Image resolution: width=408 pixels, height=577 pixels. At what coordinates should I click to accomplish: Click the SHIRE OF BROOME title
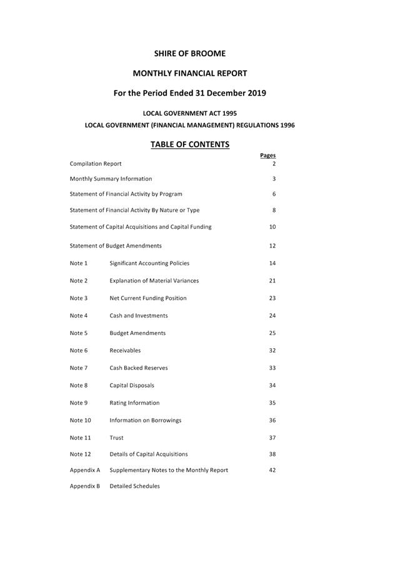(190, 54)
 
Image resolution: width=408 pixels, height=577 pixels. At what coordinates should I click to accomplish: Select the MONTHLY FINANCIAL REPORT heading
(190, 73)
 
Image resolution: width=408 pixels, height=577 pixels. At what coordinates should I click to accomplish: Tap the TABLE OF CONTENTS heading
(190, 144)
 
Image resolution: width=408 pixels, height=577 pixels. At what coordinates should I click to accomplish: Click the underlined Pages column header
(267, 156)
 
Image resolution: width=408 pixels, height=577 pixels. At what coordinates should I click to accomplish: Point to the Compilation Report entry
(96, 164)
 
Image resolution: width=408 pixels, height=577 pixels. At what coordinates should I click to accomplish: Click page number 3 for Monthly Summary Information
(274, 179)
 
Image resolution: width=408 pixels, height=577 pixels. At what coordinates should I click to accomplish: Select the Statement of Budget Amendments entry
(116, 246)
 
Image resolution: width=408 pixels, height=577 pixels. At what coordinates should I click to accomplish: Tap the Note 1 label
(79, 263)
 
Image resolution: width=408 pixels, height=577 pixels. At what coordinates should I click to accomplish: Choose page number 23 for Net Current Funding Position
(272, 298)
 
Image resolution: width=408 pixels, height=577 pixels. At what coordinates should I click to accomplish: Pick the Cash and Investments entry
(139, 316)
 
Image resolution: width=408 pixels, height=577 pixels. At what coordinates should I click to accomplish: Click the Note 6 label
(79, 351)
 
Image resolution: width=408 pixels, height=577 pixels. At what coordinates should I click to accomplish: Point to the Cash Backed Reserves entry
(139, 368)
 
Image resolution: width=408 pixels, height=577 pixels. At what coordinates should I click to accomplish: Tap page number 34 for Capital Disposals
(272, 386)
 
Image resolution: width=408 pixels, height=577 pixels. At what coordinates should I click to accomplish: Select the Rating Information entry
(134, 403)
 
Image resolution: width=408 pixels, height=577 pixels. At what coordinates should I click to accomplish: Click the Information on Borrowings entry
(146, 421)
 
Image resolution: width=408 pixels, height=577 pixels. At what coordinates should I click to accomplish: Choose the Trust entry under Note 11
(116, 438)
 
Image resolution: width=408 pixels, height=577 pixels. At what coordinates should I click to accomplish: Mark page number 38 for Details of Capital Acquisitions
(272, 454)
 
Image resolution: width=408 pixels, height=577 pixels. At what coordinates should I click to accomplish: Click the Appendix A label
(85, 470)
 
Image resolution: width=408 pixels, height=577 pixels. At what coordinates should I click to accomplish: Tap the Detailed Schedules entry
(134, 486)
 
